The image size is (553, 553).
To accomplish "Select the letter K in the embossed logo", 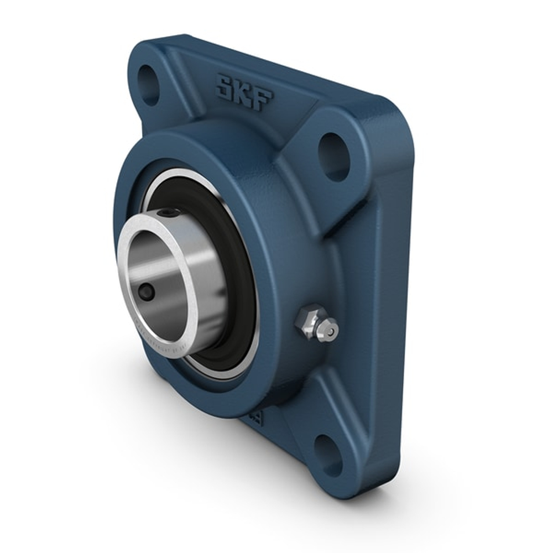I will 244,92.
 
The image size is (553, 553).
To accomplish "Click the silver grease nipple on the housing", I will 316,324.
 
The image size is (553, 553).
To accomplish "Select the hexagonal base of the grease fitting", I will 307,320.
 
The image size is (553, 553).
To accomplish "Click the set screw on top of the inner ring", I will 168,212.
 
